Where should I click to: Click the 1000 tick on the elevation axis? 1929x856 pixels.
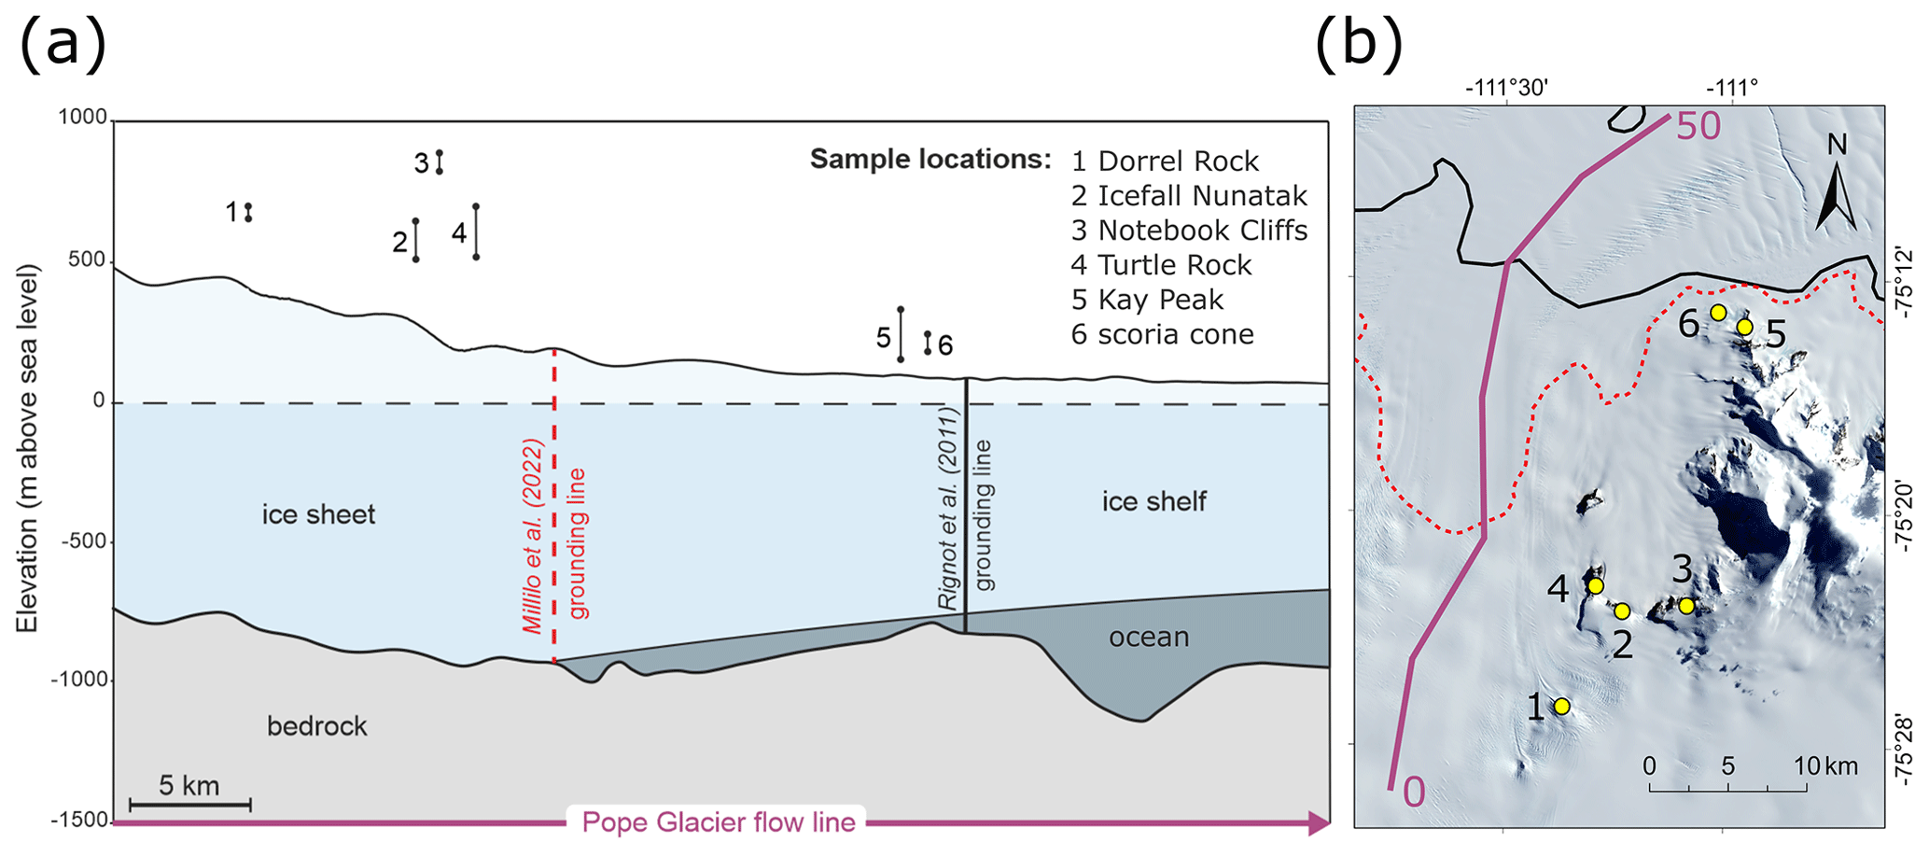83,118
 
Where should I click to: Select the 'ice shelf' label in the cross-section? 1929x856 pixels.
1153,502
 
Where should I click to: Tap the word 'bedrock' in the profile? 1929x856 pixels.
316,726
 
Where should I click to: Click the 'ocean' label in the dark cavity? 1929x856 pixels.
1149,638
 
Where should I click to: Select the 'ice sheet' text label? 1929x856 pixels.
318,514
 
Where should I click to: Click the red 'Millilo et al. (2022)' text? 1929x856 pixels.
533,536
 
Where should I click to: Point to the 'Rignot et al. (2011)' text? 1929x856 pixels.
949,509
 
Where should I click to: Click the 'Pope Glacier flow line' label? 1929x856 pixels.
718,822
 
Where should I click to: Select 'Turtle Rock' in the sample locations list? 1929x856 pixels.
1161,265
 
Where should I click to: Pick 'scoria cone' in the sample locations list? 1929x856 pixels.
1162,334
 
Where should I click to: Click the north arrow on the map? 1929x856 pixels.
1835,196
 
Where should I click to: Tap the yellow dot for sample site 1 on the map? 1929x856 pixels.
1561,707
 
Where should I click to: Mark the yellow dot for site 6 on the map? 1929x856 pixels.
1718,313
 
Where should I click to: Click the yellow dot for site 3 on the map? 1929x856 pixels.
1686,606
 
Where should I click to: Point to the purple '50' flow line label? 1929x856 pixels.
1698,127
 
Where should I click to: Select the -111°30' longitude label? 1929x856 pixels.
1506,89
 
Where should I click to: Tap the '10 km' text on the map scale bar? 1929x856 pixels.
1825,766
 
